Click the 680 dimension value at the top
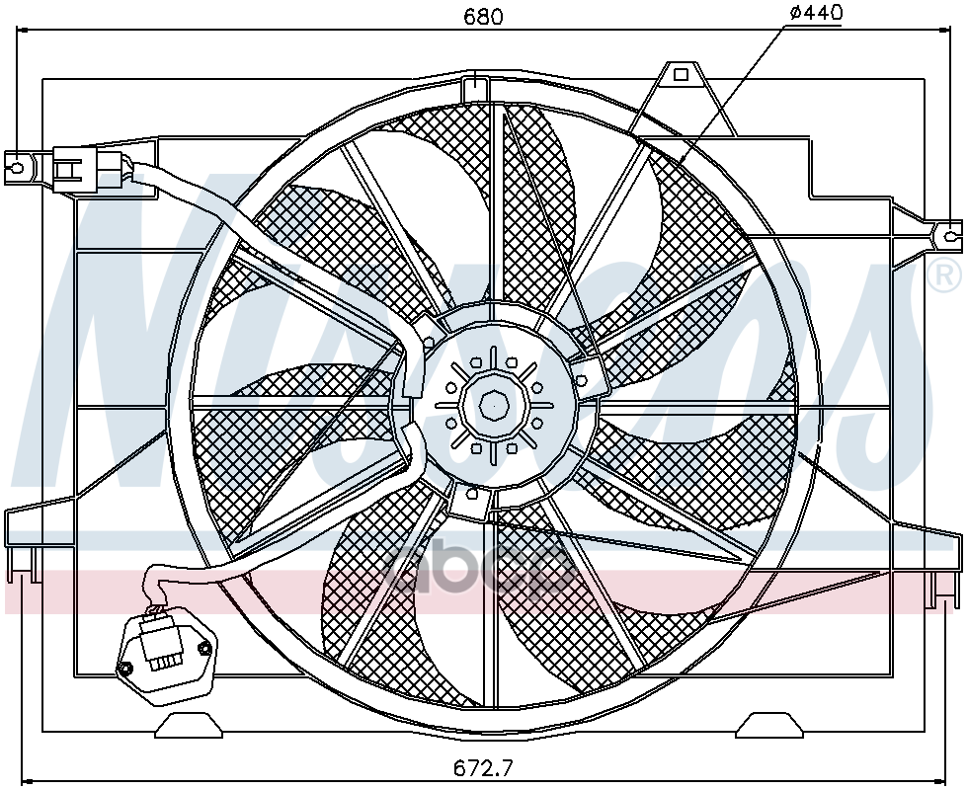coord(482,16)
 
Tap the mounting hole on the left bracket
coord(17,167)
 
